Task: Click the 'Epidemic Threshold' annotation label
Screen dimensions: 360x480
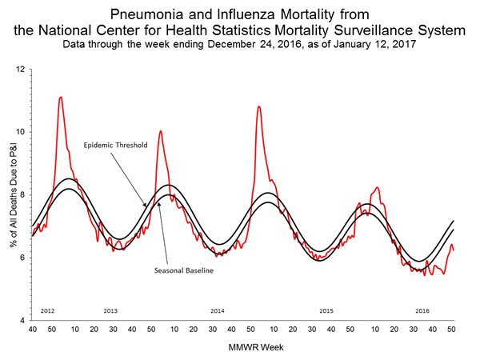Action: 113,146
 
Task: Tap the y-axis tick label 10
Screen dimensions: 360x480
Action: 22,132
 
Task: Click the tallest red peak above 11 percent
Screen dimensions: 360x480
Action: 61,98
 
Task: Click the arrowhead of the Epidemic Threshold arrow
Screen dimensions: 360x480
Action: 146,206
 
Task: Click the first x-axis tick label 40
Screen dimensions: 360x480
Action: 32,329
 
